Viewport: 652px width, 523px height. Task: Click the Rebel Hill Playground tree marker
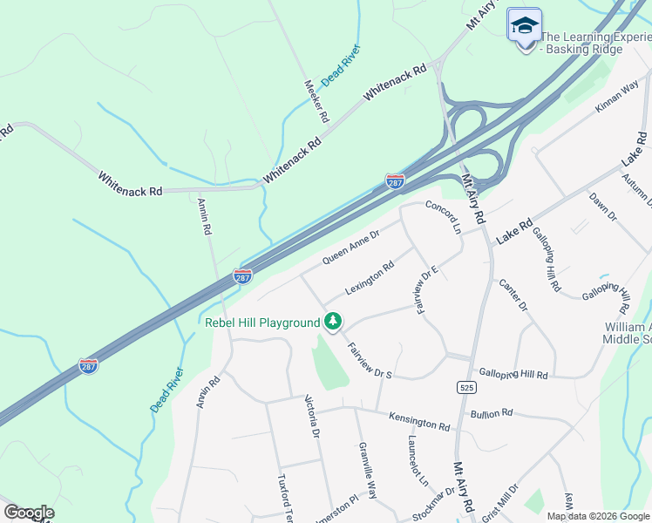[332, 322]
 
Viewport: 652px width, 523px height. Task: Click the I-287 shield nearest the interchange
[395, 181]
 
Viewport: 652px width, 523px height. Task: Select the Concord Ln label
[443, 217]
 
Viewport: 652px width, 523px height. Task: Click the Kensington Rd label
[419, 423]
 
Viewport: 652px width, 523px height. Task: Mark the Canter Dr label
[513, 295]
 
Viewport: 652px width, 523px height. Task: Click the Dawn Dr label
[602, 206]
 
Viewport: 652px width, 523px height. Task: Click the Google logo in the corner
[29, 513]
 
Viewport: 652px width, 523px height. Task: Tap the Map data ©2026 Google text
[598, 516]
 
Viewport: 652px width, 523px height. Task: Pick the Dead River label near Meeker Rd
[340, 65]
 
